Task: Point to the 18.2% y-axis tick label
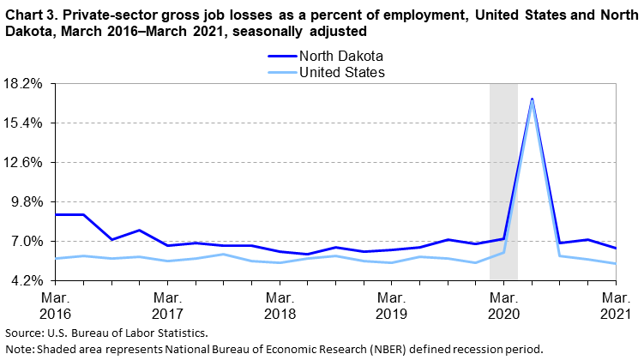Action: pos(24,84)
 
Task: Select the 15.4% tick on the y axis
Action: pos(24,123)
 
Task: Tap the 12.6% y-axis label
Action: pos(24,163)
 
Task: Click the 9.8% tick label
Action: pos(26,202)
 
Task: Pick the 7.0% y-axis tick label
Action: pos(26,242)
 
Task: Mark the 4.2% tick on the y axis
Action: pos(26,281)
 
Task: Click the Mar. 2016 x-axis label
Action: pos(55,304)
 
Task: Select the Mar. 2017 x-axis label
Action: pos(167,304)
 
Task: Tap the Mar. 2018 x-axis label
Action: pos(280,304)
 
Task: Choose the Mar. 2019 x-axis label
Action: pos(391,304)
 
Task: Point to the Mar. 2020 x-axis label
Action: pos(503,304)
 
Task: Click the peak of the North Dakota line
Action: pos(533,99)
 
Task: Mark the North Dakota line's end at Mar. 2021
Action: pos(616,249)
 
